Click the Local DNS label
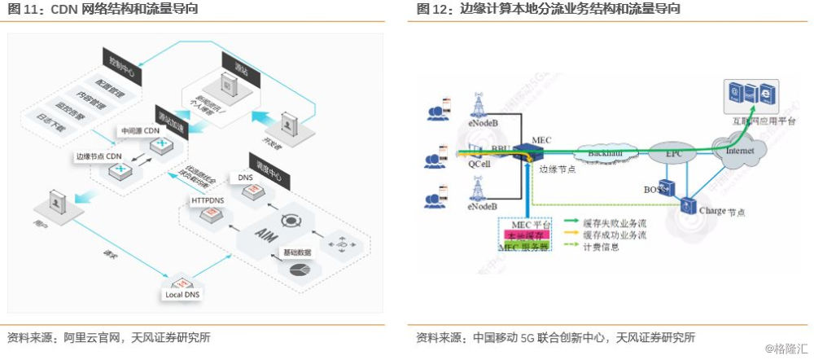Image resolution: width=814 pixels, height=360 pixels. click(x=184, y=294)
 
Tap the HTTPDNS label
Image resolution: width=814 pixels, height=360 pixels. click(x=207, y=200)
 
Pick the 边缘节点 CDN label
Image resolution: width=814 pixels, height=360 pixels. click(x=98, y=156)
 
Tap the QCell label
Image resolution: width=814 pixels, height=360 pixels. click(x=480, y=163)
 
